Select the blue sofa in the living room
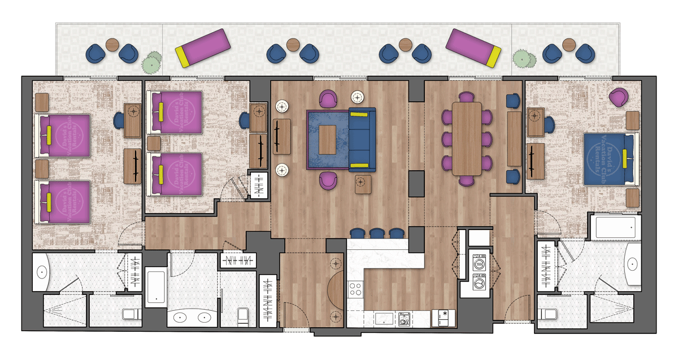pyautogui.click(x=362, y=139)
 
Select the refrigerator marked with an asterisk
pyautogui.click(x=444, y=318)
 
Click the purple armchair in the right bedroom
pyautogui.click(x=619, y=97)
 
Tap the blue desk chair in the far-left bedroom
pyautogui.click(x=119, y=120)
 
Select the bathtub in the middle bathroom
pyautogui.click(x=155, y=288)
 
